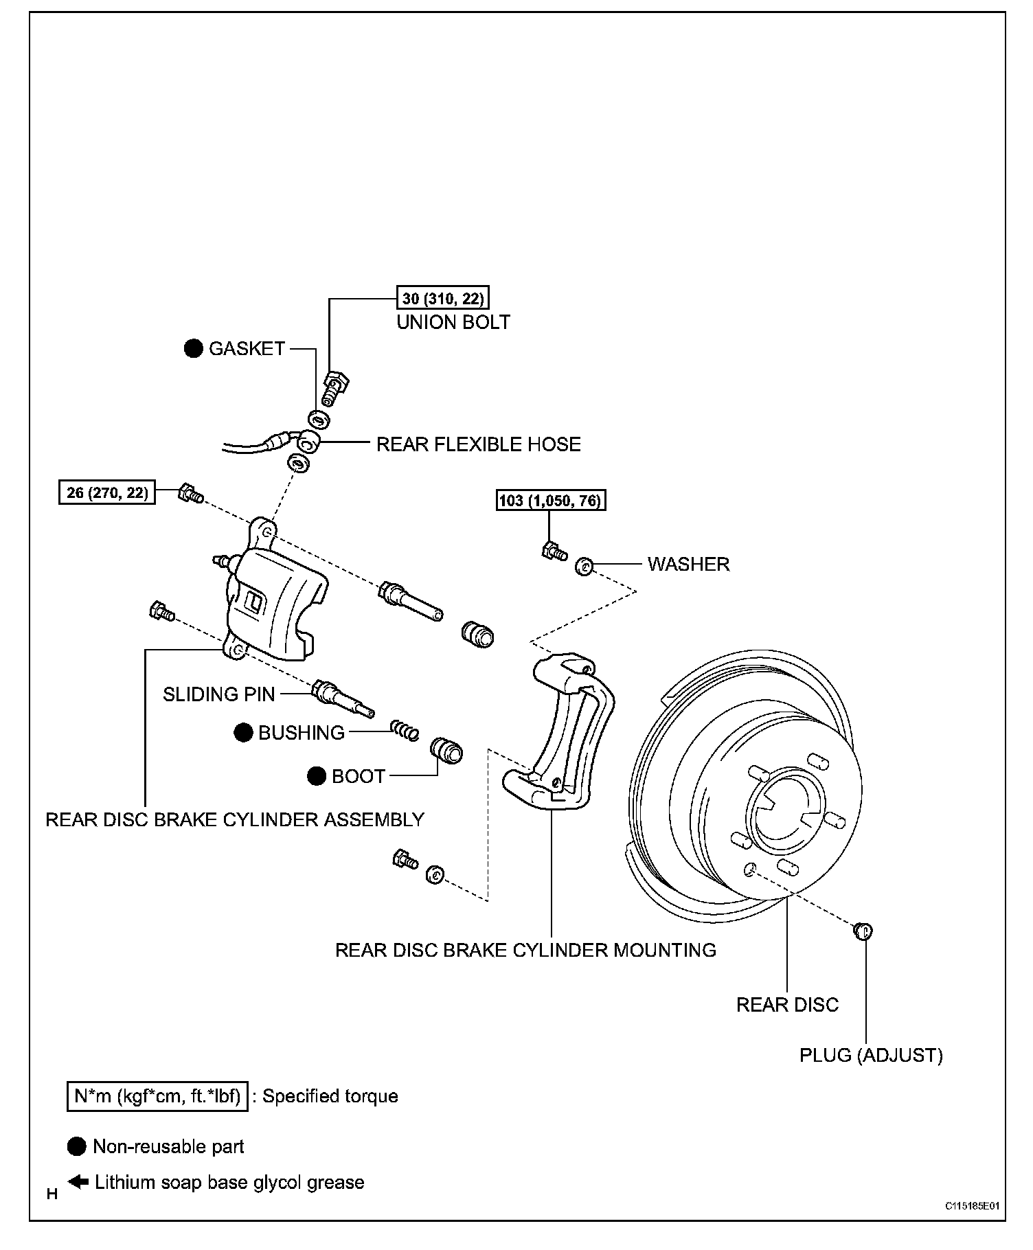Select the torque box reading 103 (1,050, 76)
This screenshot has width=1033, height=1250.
pyautogui.click(x=551, y=500)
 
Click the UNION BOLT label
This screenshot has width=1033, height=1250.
pyautogui.click(x=453, y=322)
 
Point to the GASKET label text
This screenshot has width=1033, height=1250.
pyautogui.click(x=247, y=349)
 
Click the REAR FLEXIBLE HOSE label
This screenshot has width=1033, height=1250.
pyautogui.click(x=479, y=444)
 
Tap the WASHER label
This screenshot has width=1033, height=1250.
pyautogui.click(x=689, y=565)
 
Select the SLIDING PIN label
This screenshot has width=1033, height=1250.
pyautogui.click(x=219, y=694)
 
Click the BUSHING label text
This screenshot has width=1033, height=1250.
pyautogui.click(x=302, y=734)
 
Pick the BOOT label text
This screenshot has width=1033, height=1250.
pyautogui.click(x=359, y=776)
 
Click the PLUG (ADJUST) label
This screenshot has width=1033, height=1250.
pyautogui.click(x=871, y=1055)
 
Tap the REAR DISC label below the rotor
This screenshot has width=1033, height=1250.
pyautogui.click(x=787, y=1005)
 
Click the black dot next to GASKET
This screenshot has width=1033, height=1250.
pyautogui.click(x=194, y=349)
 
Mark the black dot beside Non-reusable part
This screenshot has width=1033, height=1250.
pyautogui.click(x=77, y=1146)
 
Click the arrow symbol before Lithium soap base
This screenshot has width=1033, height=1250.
pyautogui.click(x=78, y=1182)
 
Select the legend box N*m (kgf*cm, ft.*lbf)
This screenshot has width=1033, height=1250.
pyautogui.click(x=157, y=1096)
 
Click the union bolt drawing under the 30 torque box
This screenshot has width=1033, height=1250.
pyautogui.click(x=334, y=387)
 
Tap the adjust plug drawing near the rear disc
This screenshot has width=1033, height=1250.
pyautogui.click(x=862, y=931)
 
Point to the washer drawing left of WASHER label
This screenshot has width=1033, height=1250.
pyautogui.click(x=584, y=567)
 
